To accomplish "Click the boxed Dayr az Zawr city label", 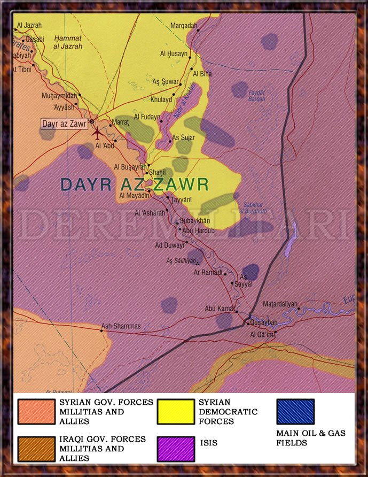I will tap(64, 124).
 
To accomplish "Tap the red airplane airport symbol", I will tap(97, 132).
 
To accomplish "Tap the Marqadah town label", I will tap(183, 26).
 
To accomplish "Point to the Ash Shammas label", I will tap(121, 326).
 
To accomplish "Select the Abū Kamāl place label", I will tap(220, 309).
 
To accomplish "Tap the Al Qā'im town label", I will tap(262, 335).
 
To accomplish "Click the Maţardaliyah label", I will tap(280, 304).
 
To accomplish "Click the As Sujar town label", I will tap(183, 138).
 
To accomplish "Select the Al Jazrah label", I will tap(29, 25).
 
